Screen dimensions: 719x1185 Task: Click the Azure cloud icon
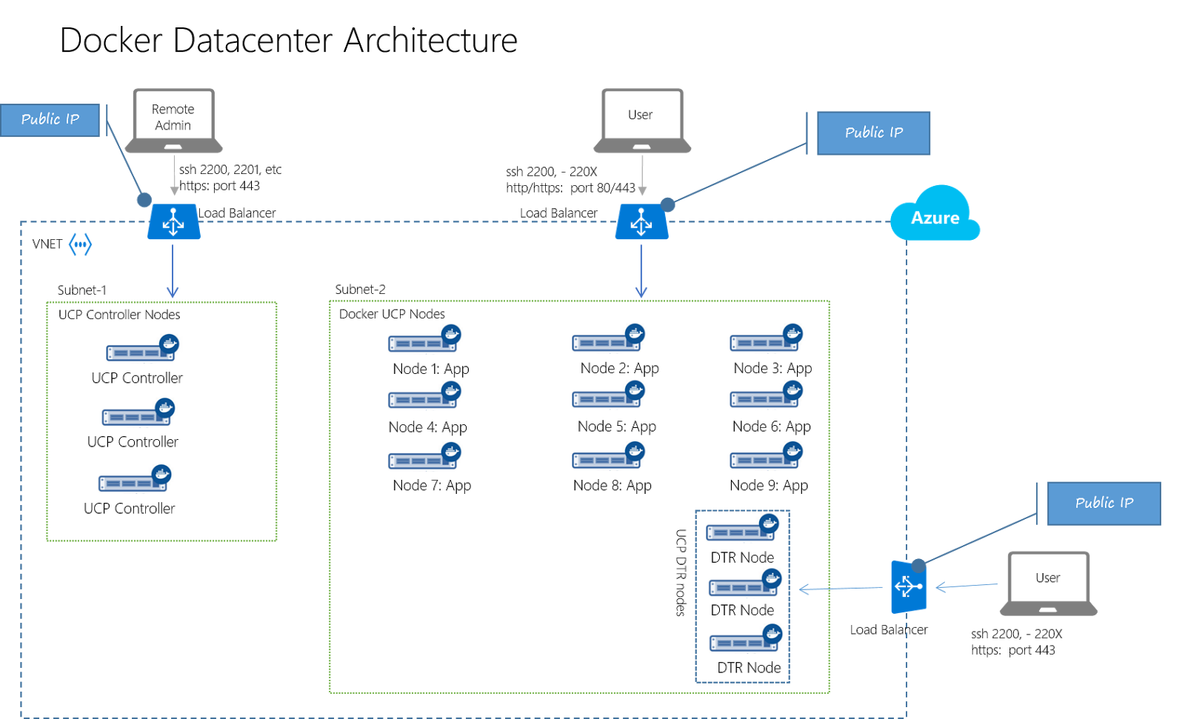click(935, 215)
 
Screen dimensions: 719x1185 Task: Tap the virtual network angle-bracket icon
click(80, 244)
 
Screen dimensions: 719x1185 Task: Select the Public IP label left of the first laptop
click(50, 120)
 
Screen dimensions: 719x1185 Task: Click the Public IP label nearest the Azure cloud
click(873, 133)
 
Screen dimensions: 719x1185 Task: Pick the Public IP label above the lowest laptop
click(1104, 504)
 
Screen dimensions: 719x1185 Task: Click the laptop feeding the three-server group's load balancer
click(174, 121)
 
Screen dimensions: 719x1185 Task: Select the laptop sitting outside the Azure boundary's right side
click(1048, 583)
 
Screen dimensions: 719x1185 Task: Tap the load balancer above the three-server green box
click(173, 221)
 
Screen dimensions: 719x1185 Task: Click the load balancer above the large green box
click(641, 221)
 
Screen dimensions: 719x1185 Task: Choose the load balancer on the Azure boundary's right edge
click(908, 587)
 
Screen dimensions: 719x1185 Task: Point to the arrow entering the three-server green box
click(173, 271)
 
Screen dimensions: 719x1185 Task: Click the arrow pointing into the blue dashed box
click(840, 589)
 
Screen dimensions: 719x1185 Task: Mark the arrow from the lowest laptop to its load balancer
click(967, 586)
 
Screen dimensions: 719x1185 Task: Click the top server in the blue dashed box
click(742, 527)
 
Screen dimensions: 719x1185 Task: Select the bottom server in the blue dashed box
click(745, 638)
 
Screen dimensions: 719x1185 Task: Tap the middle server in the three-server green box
click(138, 412)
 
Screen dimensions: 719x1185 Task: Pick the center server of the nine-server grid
click(608, 394)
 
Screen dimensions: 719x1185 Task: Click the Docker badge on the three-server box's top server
click(170, 343)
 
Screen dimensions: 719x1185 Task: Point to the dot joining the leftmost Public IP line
click(144, 199)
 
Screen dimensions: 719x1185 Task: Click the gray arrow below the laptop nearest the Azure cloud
click(642, 175)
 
